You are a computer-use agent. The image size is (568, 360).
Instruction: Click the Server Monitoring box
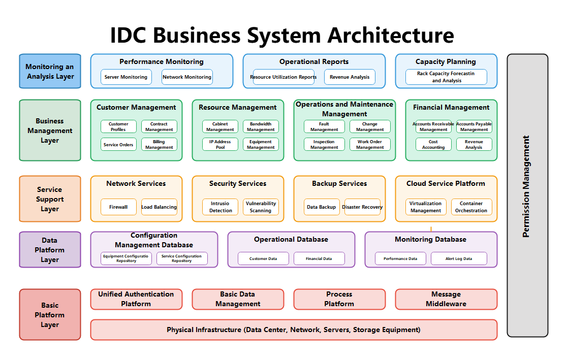tap(126, 77)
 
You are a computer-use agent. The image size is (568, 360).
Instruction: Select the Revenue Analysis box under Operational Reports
tap(350, 77)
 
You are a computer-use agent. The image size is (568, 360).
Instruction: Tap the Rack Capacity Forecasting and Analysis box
tap(446, 77)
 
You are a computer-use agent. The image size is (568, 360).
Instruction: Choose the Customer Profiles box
tap(118, 126)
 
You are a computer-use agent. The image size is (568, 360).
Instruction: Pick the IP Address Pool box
tap(220, 144)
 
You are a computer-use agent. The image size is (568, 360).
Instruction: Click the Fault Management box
tap(324, 126)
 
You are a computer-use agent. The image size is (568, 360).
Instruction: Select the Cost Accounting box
tap(433, 144)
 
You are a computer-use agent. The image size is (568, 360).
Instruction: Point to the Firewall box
tap(118, 207)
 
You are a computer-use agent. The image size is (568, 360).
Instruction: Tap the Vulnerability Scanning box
tap(261, 207)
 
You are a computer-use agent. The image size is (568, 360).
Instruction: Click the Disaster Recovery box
tap(362, 207)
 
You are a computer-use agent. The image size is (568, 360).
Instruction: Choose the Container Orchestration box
tap(471, 207)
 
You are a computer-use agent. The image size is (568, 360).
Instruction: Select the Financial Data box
tap(319, 258)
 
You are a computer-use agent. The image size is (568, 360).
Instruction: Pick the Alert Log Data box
tap(459, 258)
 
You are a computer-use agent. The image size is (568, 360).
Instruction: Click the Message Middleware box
tap(446, 299)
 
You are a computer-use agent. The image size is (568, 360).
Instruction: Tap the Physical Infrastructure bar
tap(294, 330)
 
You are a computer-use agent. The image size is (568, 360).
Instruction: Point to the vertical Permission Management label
tap(526, 186)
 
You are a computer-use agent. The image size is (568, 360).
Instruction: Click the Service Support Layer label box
tap(50, 199)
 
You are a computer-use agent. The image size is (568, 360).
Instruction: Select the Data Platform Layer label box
tap(50, 250)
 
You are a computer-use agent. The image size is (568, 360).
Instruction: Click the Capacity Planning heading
tap(446, 61)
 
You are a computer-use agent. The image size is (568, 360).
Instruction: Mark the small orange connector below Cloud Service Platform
tap(431, 228)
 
